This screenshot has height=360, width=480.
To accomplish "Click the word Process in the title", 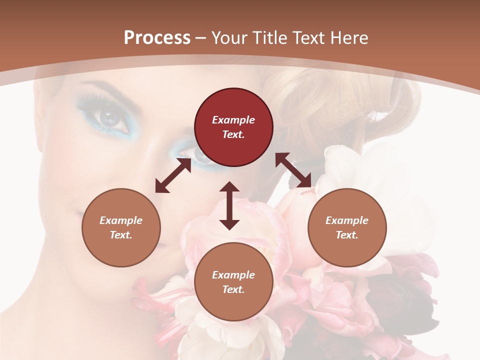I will point(157,38).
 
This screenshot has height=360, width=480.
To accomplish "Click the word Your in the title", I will point(229,38).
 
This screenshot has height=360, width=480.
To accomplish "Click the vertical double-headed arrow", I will point(229,205).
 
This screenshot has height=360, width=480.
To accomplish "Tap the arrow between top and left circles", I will point(173,176).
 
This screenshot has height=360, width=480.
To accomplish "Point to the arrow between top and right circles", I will point(293,170).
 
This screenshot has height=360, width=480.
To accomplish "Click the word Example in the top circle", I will point(233,120).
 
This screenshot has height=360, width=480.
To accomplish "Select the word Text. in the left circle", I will point(121,235).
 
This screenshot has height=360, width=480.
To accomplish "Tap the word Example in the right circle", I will point(347,220).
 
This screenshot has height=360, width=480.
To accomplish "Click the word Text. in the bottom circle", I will point(233,289).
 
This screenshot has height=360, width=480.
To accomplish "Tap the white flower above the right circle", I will point(350,170).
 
